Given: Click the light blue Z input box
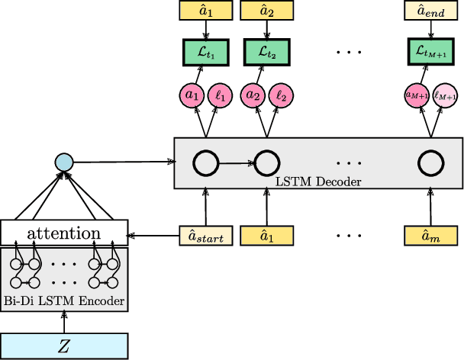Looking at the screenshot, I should coord(63,346).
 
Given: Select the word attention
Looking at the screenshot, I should coord(63,233).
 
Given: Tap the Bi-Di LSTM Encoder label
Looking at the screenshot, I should coord(63,301).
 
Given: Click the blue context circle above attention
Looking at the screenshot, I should coord(64,162).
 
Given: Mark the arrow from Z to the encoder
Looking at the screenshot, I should coord(63,323).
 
